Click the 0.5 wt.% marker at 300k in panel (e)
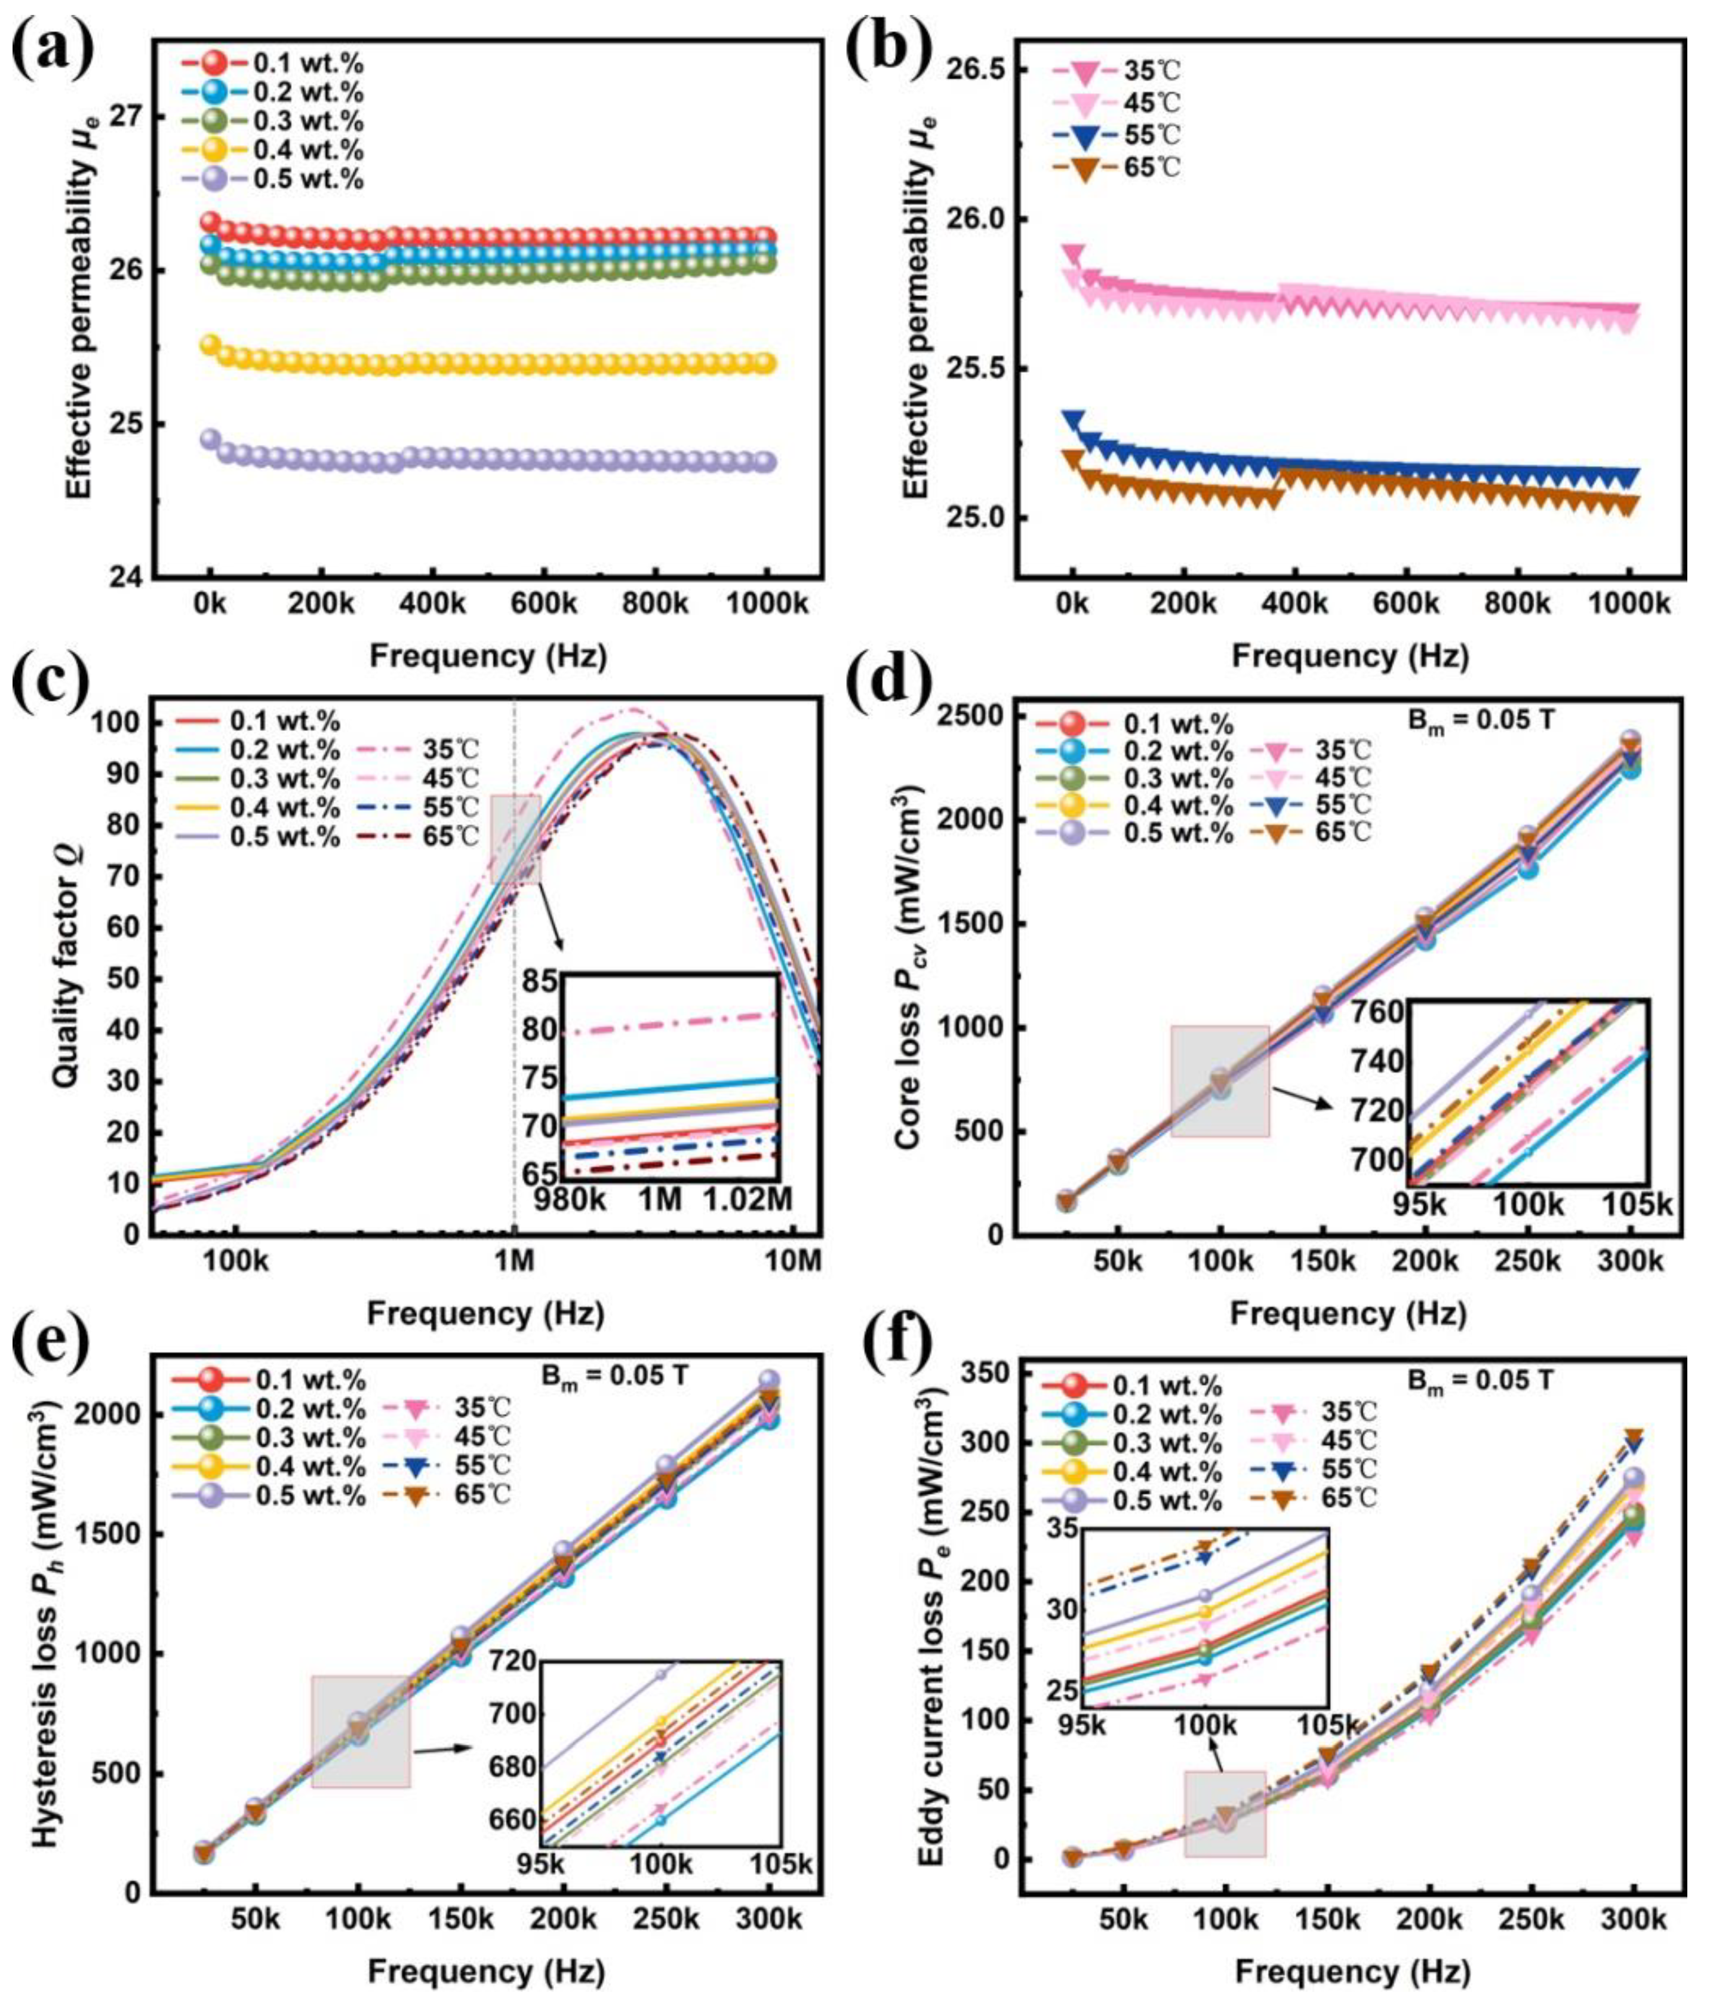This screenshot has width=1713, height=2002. [x=769, y=1381]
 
